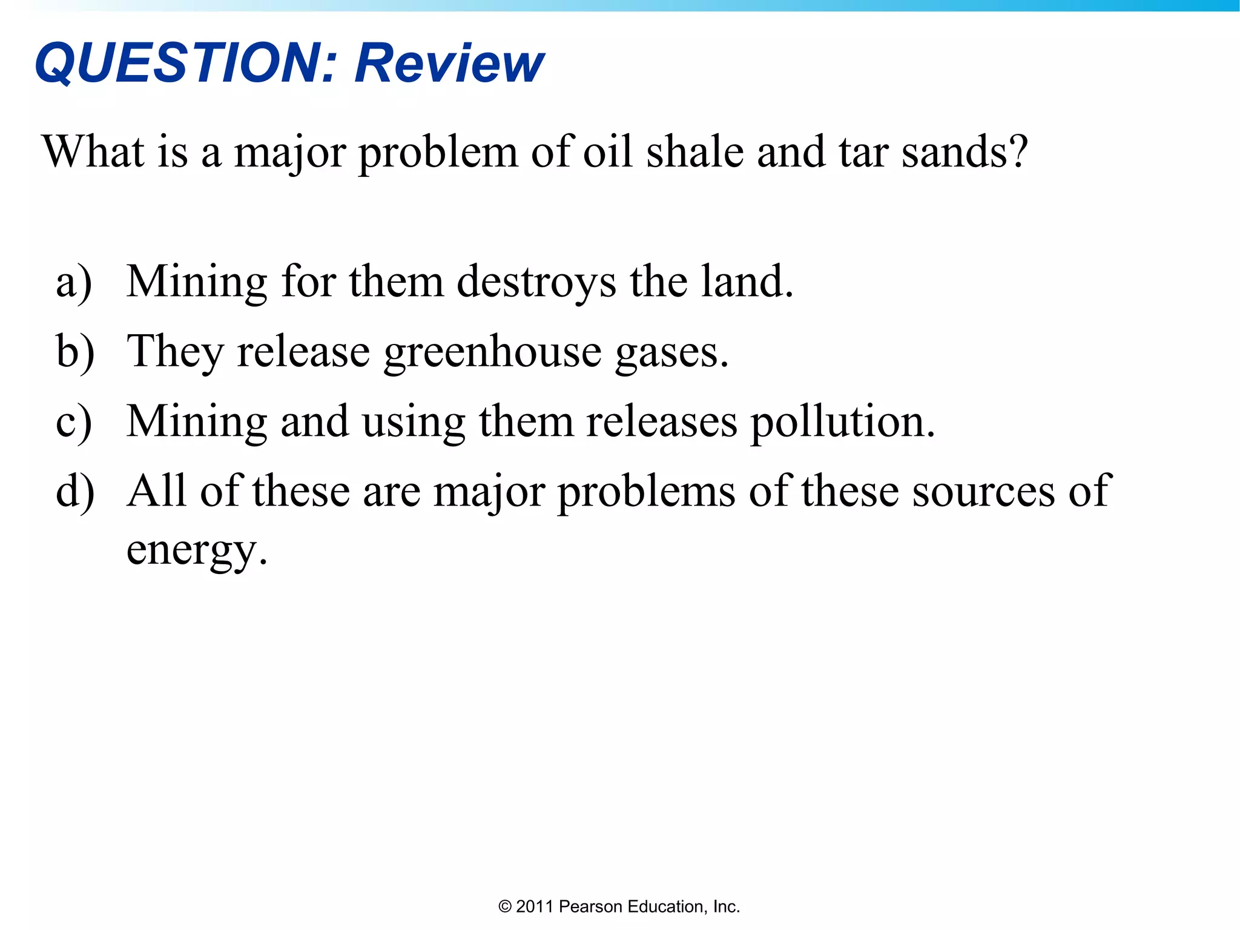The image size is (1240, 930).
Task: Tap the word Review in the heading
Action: pos(449,63)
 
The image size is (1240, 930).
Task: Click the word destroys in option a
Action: pos(536,282)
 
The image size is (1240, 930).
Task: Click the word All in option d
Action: pos(156,490)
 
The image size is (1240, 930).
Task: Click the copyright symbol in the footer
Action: pos(505,906)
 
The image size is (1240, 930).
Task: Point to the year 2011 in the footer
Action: pos(535,906)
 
